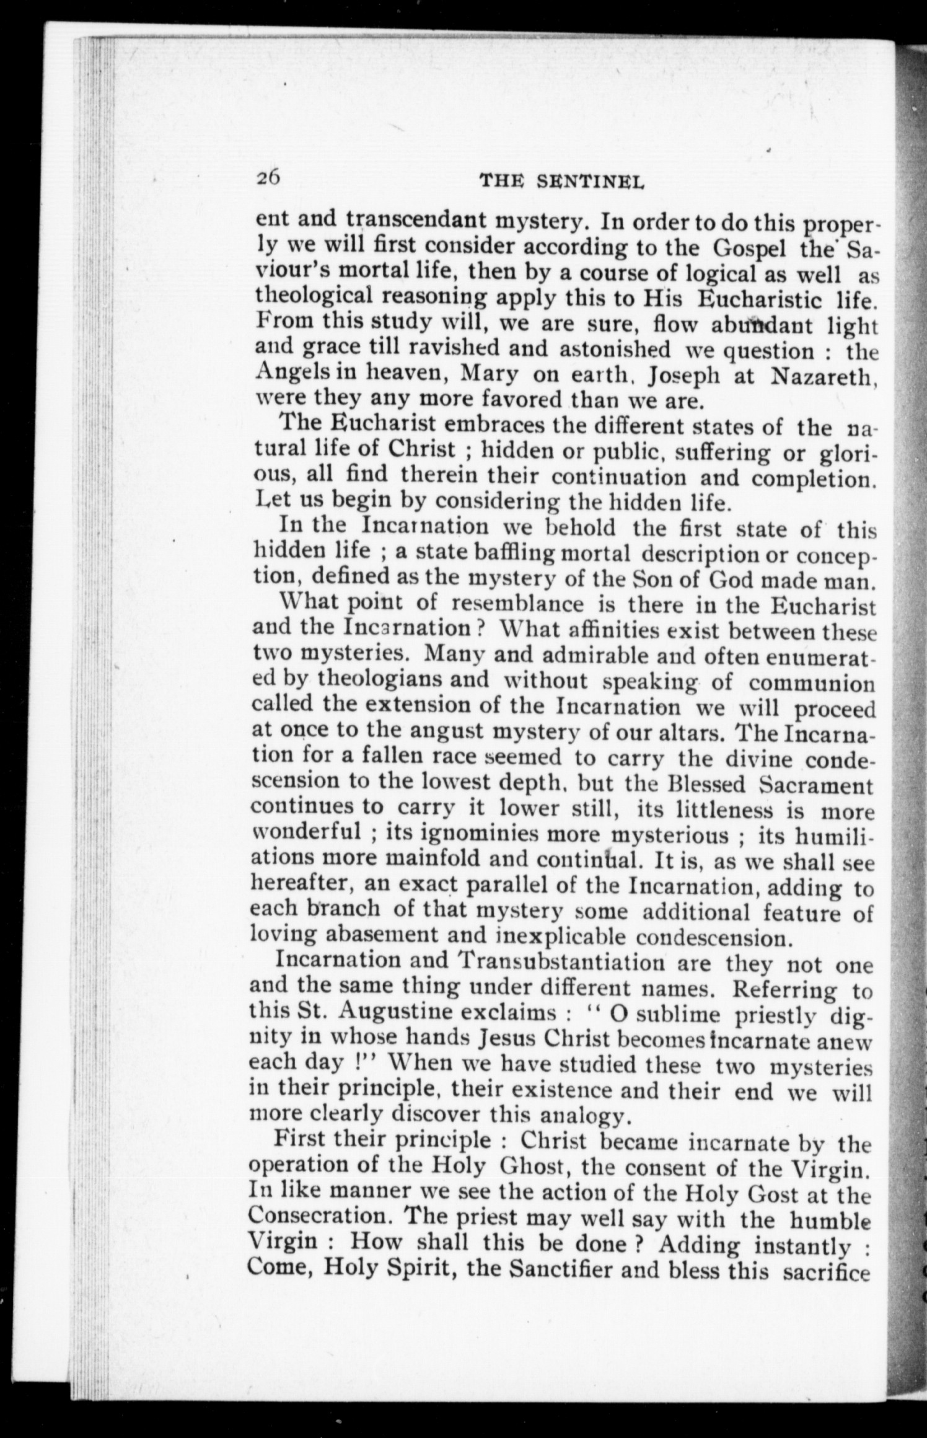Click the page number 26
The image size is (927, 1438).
(269, 178)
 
